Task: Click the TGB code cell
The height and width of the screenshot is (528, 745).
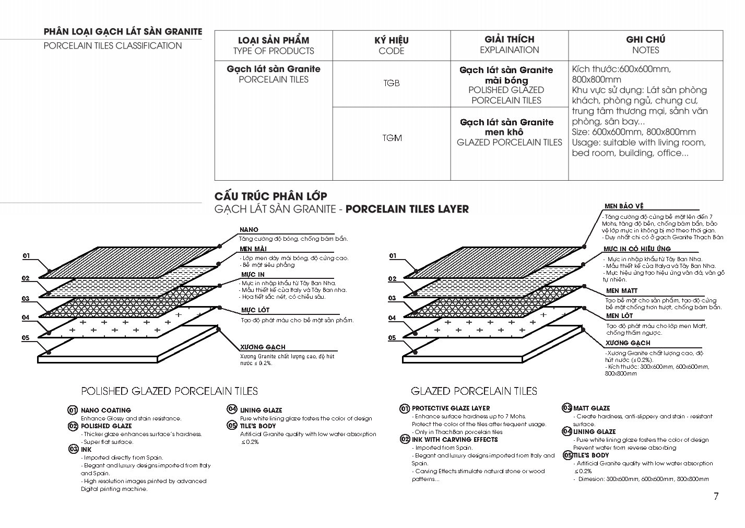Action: [x=391, y=83]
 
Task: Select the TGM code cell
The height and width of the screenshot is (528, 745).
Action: [x=392, y=138]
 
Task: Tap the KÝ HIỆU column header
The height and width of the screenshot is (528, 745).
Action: [x=391, y=40]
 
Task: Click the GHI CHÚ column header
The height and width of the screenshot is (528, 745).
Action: [x=645, y=40]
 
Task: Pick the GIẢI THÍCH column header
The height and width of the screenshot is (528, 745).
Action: [x=509, y=39]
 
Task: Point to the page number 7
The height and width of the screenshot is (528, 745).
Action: [x=716, y=497]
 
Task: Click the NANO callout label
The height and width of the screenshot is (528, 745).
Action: [x=249, y=230]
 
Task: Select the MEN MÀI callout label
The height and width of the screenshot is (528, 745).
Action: [x=253, y=249]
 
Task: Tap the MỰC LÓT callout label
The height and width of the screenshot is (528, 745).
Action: [x=255, y=310]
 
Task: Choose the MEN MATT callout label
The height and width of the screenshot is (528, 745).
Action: [x=622, y=291]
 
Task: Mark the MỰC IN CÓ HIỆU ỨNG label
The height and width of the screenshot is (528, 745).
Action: [x=637, y=249]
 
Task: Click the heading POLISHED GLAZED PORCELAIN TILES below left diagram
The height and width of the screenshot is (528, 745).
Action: [x=169, y=391]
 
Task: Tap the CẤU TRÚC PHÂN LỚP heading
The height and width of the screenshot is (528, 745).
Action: [x=270, y=196]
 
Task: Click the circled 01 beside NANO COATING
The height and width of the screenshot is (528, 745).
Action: [x=73, y=410]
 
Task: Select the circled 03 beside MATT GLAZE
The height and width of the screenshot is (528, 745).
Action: [x=566, y=408]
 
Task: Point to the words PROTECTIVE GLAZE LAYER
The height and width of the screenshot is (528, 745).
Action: [x=451, y=408]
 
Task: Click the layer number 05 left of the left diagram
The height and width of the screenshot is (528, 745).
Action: [x=26, y=338]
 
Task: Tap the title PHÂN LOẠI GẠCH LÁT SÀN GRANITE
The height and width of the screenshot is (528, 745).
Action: [x=123, y=32]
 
